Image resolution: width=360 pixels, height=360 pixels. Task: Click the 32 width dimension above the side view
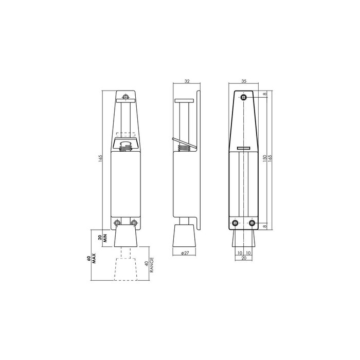(x=186, y=82)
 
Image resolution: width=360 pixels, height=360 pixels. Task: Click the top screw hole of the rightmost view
(x=243, y=98)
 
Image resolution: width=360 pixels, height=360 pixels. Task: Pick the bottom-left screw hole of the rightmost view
(x=236, y=223)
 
